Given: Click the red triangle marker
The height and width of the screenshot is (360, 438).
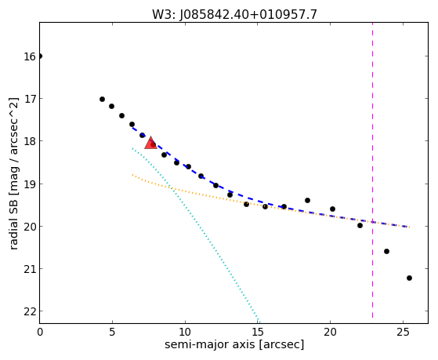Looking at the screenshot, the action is pos(151,144).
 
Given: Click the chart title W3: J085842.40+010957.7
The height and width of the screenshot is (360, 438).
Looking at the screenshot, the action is pos(234,14).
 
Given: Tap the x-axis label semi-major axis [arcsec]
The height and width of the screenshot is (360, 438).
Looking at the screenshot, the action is pos(234,344).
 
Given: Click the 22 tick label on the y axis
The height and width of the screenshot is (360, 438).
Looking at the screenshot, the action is pos(30,311).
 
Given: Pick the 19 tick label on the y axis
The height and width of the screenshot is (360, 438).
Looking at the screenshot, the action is pos(30,184).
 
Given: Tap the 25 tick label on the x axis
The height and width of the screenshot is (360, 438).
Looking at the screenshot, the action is pos(403,333).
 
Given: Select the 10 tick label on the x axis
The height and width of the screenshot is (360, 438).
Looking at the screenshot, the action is pos(185,333).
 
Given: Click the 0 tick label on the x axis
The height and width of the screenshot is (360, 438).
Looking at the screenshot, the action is pos(40,333).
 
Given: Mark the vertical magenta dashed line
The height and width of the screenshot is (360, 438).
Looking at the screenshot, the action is pos(373,170).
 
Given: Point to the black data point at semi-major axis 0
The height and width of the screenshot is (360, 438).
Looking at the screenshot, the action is pos(40,56).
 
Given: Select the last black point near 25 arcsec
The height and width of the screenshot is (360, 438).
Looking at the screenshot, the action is pos(409,278).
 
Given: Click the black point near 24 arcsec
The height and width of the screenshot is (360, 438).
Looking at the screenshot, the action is pos(386,252).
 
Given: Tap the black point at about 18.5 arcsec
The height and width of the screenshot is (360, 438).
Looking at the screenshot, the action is pos(308,200).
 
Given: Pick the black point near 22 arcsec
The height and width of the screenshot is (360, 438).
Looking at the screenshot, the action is pos(360,225).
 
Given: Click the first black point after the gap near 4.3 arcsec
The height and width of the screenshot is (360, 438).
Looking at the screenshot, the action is pos(102,100).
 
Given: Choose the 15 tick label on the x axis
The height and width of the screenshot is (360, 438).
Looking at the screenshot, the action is pos(258,333).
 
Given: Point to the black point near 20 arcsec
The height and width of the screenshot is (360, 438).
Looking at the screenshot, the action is pos(333,209).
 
